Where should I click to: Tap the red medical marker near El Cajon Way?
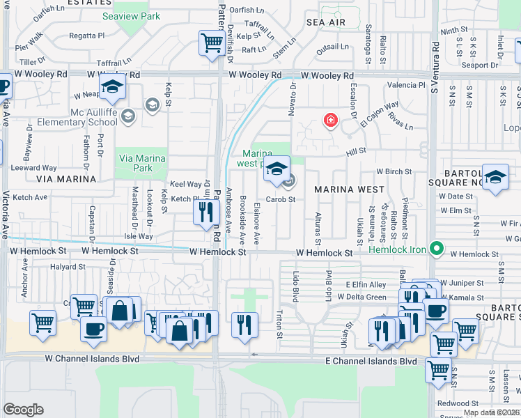330,121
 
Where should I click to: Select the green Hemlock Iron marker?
437,247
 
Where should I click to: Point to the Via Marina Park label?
143,163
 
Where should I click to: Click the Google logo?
23,410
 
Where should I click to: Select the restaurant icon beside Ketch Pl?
205,212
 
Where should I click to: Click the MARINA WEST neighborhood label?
349,189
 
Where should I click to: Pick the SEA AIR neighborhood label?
326,23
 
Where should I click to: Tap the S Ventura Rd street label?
435,63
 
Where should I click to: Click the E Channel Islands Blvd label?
371,361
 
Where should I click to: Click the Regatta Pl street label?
86,34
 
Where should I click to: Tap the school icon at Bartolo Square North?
495,178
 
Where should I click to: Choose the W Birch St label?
394,171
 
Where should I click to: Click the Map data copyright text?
492,412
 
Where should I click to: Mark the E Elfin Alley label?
366,285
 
